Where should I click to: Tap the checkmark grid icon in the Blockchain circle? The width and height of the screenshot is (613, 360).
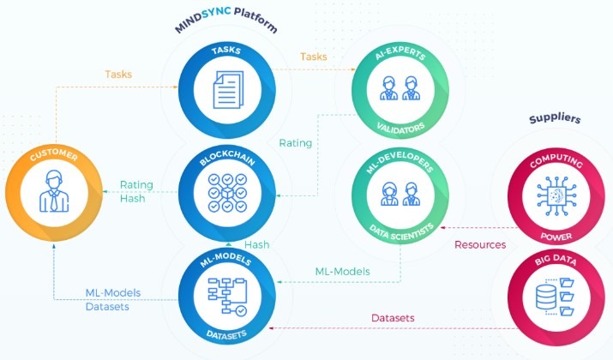pyautogui.click(x=227, y=194)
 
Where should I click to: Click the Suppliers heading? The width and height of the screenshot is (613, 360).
pyautogui.click(x=555, y=118)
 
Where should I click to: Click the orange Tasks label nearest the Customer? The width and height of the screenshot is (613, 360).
pyautogui.click(x=118, y=74)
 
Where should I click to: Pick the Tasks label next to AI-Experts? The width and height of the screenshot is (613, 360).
pyautogui.click(x=313, y=57)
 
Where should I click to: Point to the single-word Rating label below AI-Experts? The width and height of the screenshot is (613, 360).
pyautogui.click(x=296, y=142)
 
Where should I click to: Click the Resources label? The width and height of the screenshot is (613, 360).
pyautogui.click(x=479, y=244)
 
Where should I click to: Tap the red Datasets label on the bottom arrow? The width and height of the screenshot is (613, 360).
pyautogui.click(x=393, y=318)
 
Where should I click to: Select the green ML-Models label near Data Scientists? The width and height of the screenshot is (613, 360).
pyautogui.click(x=342, y=271)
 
